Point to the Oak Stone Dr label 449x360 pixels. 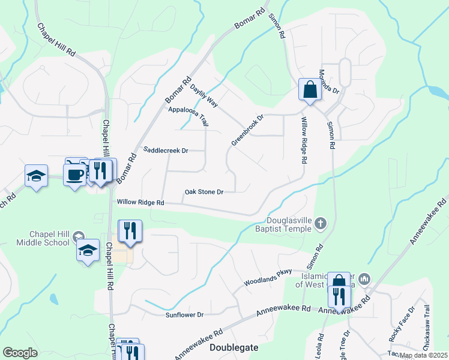coord(204,192)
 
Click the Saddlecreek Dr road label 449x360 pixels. coord(166,150)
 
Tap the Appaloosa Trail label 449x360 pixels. coord(188,115)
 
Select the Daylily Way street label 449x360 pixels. coord(203,96)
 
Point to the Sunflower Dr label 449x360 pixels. coord(185,314)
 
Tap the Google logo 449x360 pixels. coord(20,353)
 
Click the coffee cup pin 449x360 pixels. coord(74,175)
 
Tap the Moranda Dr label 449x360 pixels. coord(328,82)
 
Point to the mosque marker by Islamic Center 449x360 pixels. coord(365,279)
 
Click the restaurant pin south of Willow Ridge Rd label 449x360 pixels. coord(129,230)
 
